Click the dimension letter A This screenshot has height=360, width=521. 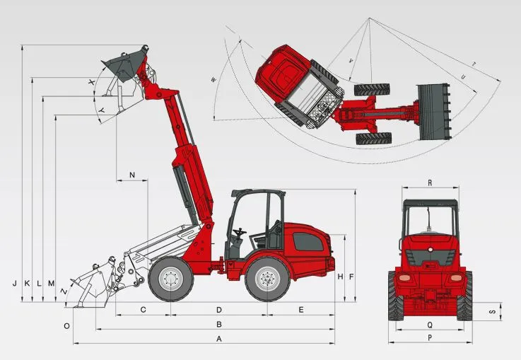(218, 339)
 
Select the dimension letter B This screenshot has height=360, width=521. (219, 324)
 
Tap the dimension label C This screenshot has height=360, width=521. (143, 310)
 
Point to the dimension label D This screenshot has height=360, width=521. (219, 310)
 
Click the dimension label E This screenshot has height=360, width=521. (301, 310)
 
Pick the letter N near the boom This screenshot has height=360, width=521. (132, 175)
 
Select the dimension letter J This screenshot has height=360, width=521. (15, 284)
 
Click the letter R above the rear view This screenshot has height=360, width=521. (430, 182)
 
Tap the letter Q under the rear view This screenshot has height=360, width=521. (430, 325)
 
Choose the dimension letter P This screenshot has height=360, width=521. (430, 338)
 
